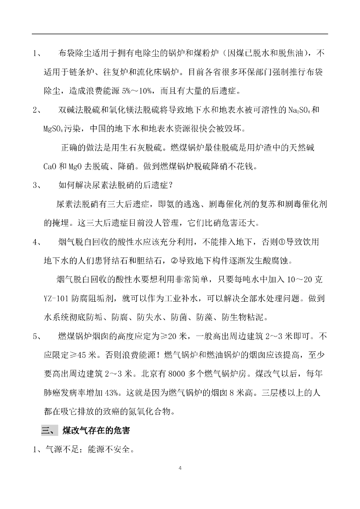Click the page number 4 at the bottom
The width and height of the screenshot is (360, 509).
180,468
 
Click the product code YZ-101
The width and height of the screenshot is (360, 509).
60,298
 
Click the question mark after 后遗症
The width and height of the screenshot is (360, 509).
169,185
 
